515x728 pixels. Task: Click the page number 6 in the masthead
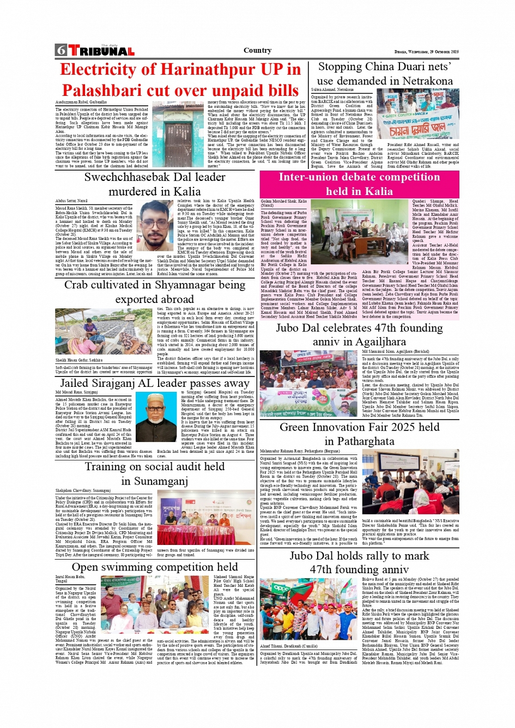tap(60, 51)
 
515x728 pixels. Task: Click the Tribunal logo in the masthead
tap(101, 51)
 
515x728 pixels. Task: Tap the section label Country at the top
tap(257, 50)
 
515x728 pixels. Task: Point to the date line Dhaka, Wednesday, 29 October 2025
tap(426, 52)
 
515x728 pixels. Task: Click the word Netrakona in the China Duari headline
tap(423, 81)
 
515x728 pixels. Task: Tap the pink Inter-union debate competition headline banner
tap(359, 184)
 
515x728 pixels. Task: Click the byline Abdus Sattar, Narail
tap(71, 201)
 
